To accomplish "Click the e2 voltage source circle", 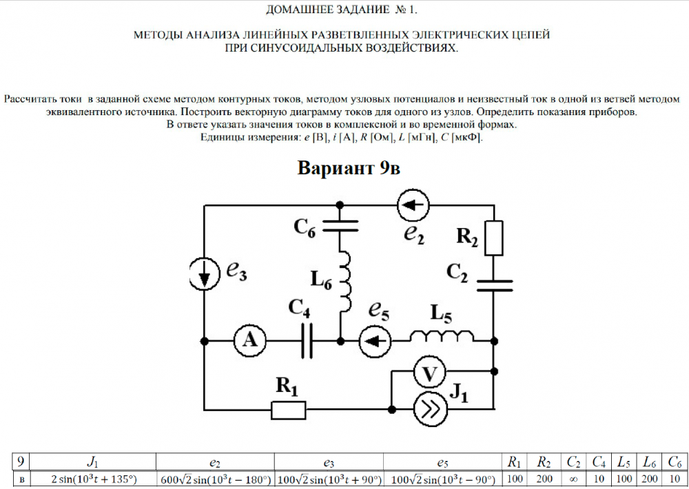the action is coord(413,205).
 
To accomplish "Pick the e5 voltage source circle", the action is coord(376,340).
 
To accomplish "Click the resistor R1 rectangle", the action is coord(289,410).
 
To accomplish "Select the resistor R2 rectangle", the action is coord(494,238).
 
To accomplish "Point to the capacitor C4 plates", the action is coord(307,340).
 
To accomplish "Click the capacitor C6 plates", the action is coord(341,225).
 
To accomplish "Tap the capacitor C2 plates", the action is coord(494,284).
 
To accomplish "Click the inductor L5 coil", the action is coord(440,337).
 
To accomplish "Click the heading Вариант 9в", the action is coord(348,168).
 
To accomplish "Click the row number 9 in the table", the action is coord(21,462).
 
